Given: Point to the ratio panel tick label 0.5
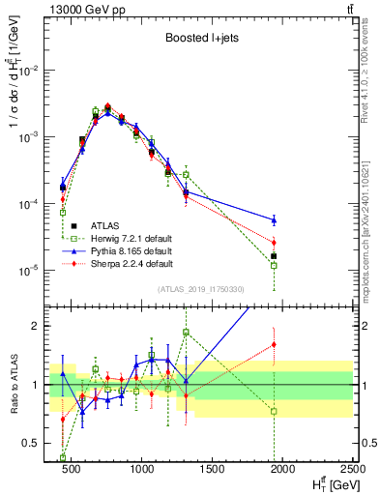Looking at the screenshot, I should coord(36,443).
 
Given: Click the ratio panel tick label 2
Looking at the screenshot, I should coord(42,326).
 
